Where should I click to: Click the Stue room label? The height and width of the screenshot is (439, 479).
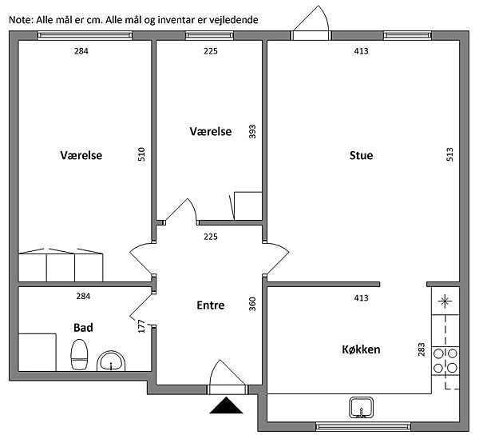pos(361,155)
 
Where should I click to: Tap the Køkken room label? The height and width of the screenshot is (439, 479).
pos(361,349)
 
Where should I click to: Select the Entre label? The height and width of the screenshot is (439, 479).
pos(211,305)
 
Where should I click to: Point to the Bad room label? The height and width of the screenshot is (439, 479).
pos(83,328)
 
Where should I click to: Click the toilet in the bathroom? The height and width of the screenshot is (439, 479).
pos(79,354)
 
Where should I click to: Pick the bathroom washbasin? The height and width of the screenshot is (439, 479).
pos(111,361)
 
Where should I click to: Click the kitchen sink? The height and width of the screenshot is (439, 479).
pos(362,408)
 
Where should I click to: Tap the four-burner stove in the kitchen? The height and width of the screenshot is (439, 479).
pos(445,361)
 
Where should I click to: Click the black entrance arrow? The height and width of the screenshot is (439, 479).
pos(226,405)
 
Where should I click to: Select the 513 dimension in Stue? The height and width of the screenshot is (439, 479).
pos(449,154)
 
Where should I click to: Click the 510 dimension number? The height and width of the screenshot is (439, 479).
pos(141,154)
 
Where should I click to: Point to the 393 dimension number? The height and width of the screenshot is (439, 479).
pos(252,132)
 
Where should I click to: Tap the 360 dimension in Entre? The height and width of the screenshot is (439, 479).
pos(252,304)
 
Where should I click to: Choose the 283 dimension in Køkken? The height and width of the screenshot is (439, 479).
pos(422,349)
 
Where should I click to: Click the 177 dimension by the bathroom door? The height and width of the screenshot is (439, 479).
pos(141,326)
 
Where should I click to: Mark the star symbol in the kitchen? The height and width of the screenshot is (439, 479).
pos(445,301)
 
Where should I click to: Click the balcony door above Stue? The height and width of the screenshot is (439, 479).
pos(311,22)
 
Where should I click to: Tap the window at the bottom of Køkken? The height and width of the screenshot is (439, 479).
pos(363,426)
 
